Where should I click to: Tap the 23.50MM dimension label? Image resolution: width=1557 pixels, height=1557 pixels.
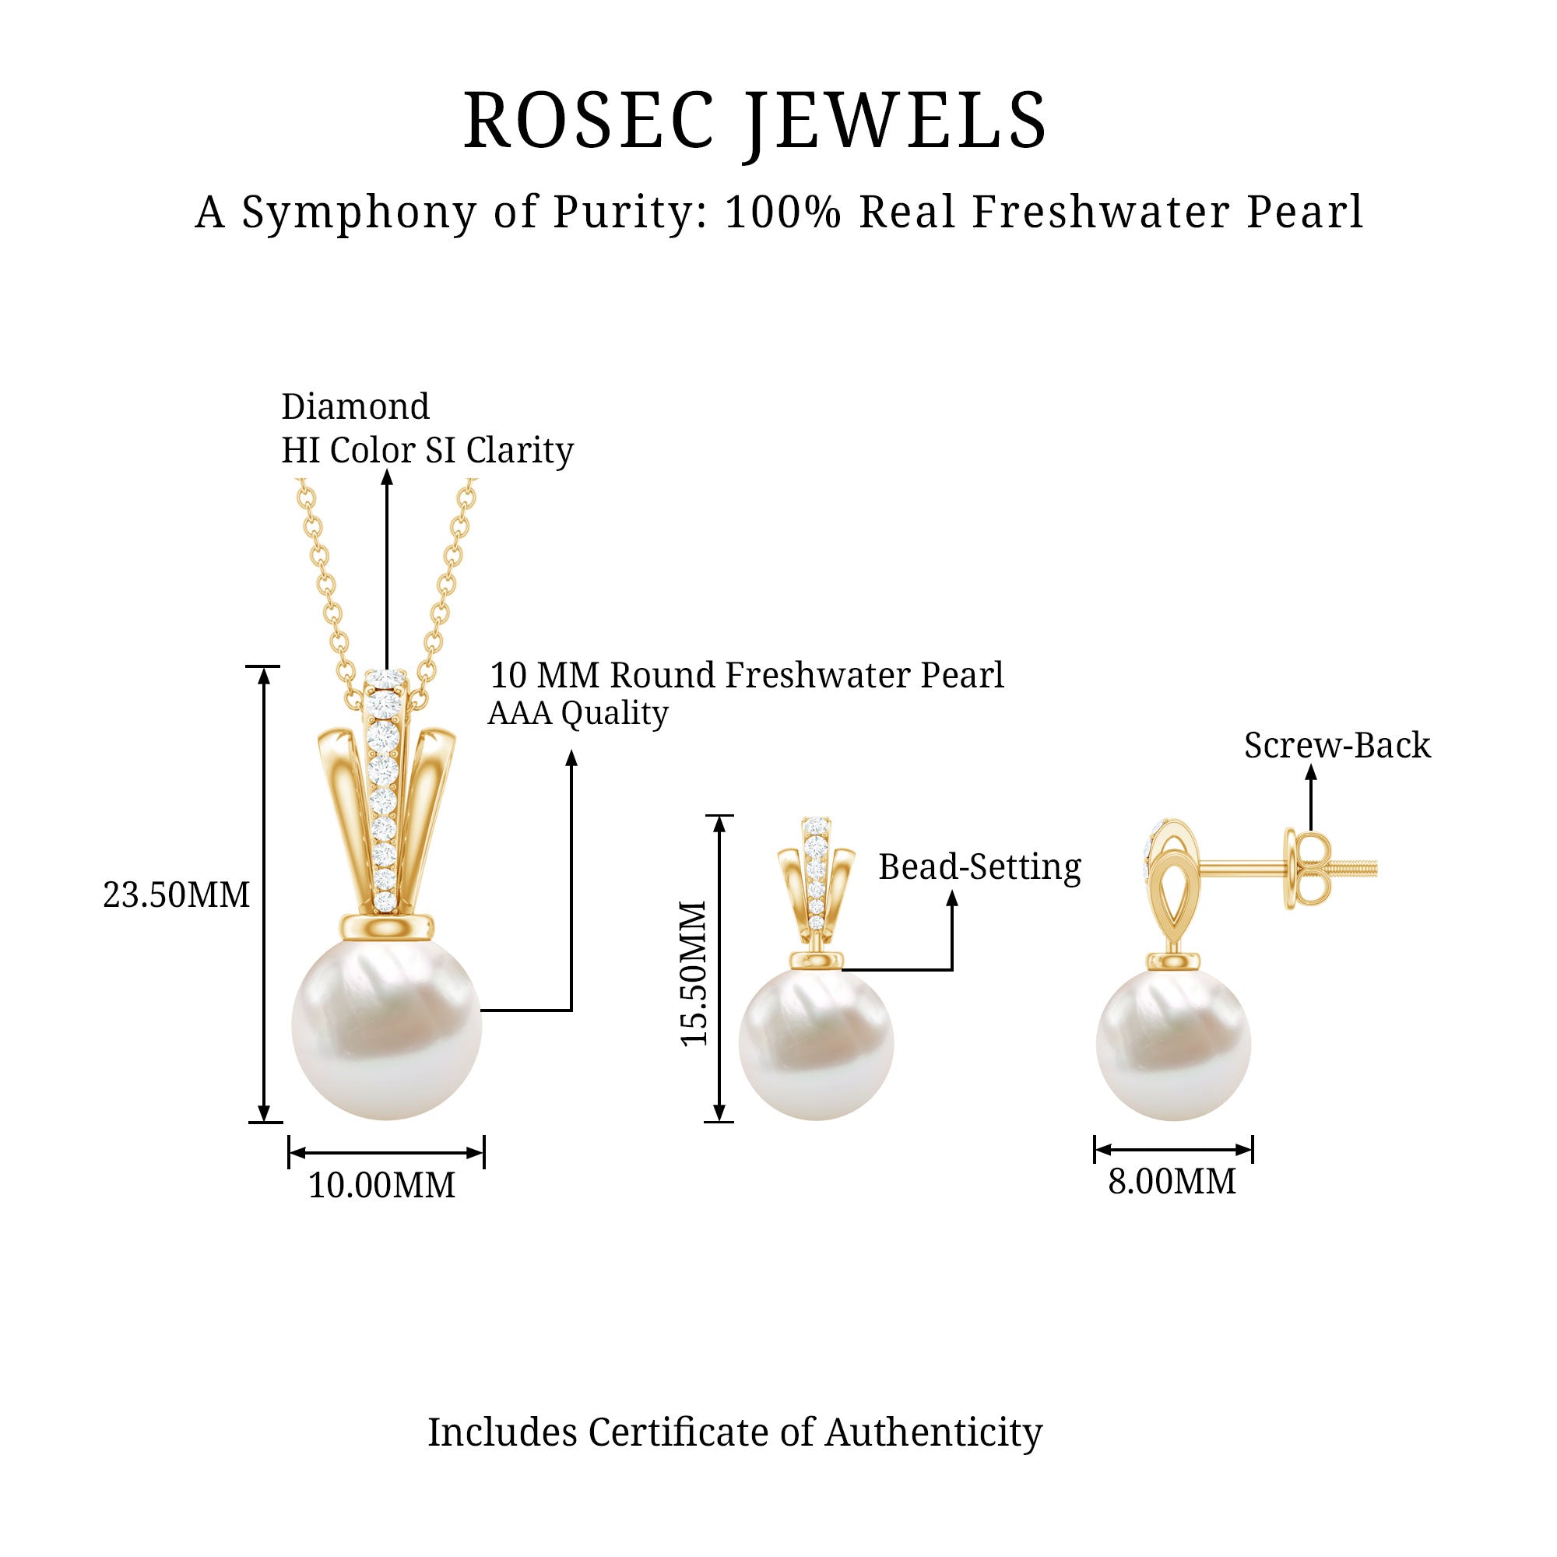pyautogui.click(x=177, y=895)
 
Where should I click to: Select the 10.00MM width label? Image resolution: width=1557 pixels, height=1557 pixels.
pyautogui.click(x=382, y=1186)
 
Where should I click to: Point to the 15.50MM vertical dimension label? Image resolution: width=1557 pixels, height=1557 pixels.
pyautogui.click(x=694, y=974)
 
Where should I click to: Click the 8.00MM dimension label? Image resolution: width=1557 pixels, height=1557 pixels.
pyautogui.click(x=1172, y=1182)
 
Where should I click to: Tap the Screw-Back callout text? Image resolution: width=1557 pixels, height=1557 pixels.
pyautogui.click(x=1337, y=746)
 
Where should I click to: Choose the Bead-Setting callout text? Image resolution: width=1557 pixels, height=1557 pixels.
pyautogui.click(x=979, y=867)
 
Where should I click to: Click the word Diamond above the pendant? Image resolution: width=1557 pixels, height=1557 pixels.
pyautogui.click(x=356, y=407)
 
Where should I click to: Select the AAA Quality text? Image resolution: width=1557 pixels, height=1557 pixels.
pyautogui.click(x=578, y=713)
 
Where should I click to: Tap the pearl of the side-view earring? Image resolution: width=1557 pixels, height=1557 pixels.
pyautogui.click(x=1173, y=1044)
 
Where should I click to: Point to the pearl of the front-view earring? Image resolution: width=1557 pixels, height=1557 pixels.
pyautogui.click(x=816, y=1044)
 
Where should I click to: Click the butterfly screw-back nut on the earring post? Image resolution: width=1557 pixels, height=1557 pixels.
pyautogui.click(x=1306, y=870)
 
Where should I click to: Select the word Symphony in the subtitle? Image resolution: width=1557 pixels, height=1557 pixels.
pyautogui.click(x=360, y=213)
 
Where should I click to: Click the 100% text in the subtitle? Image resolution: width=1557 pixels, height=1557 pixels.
pyautogui.click(x=782, y=213)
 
